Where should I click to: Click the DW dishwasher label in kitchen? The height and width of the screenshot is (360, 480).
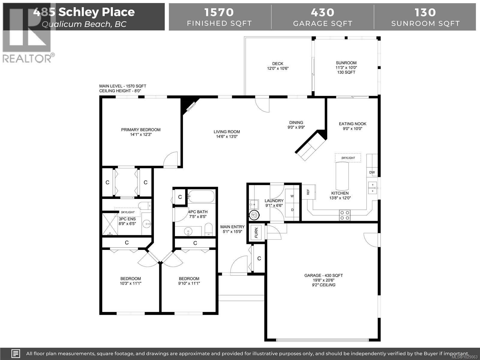point(372,172)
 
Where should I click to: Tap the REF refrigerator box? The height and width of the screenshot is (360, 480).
point(308,191)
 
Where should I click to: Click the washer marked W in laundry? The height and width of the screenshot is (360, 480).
point(292,196)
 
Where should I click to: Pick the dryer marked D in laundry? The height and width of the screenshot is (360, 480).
point(292,210)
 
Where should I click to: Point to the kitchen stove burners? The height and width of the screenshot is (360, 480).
point(344,215)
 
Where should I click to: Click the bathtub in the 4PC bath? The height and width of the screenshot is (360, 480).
point(201,196)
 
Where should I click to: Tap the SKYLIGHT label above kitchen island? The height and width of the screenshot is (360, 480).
point(348,158)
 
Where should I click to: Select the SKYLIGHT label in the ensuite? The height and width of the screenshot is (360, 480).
point(127,212)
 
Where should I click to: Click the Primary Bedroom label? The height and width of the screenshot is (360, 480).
point(141,130)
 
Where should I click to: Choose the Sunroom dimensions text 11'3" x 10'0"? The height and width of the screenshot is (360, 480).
point(346,67)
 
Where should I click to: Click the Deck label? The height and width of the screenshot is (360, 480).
point(277,64)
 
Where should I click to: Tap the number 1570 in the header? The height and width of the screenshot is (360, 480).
point(219,12)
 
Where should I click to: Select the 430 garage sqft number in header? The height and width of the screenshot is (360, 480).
point(322,12)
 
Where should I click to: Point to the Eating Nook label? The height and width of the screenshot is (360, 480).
point(352,124)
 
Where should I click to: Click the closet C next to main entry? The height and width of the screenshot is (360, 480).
point(259,258)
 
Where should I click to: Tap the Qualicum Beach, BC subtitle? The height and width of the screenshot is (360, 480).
point(84,24)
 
